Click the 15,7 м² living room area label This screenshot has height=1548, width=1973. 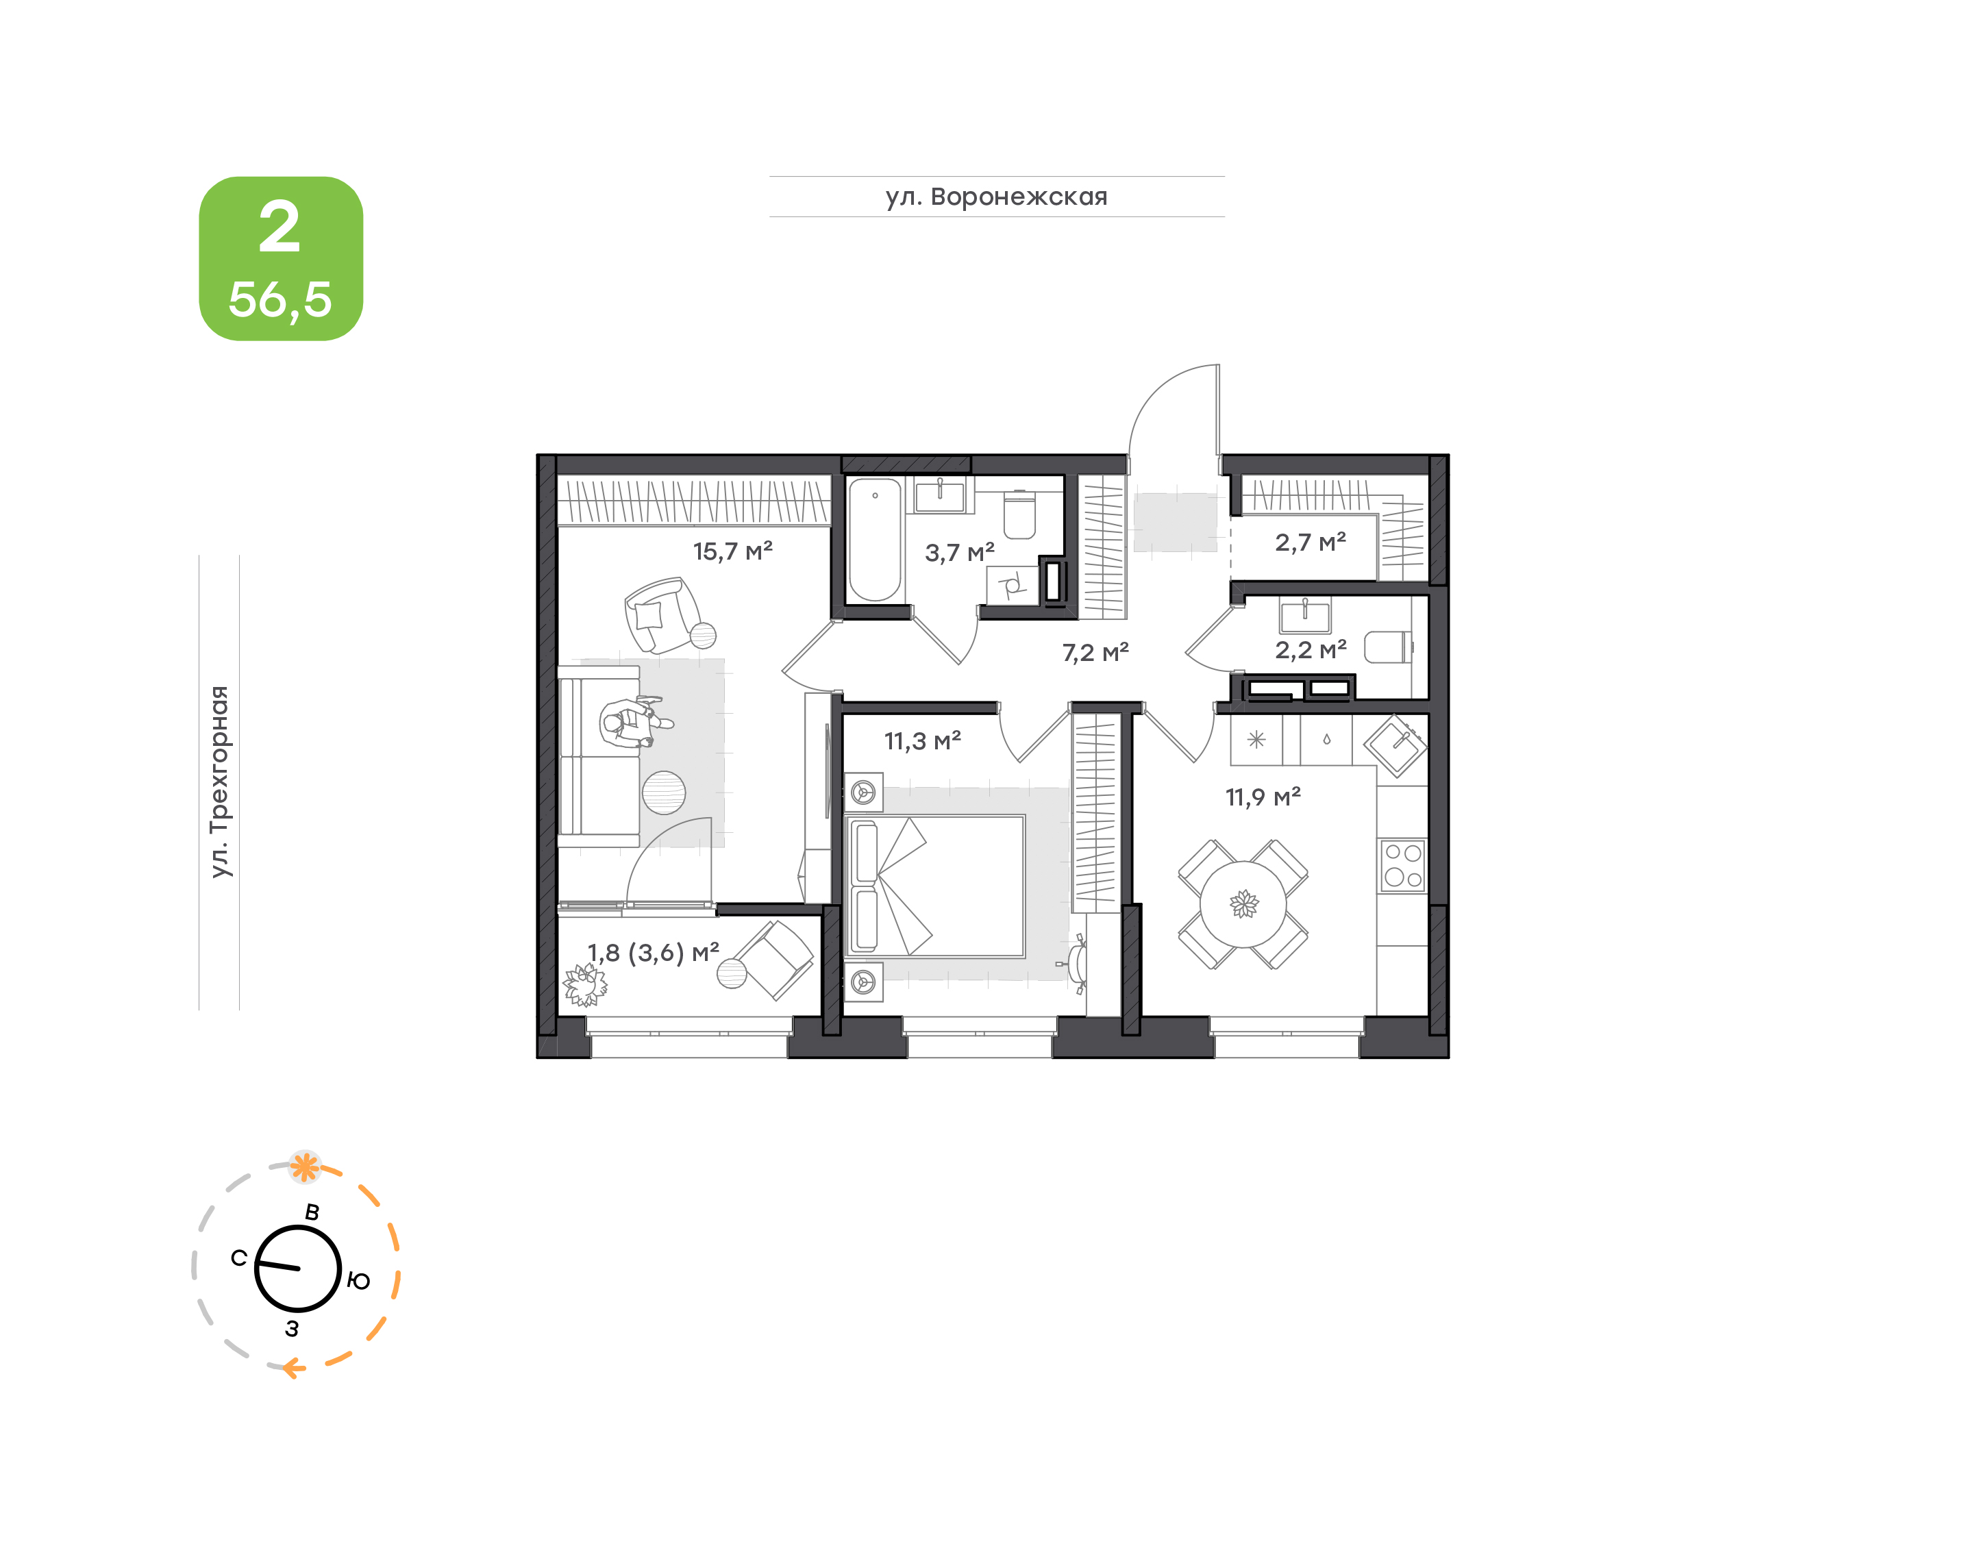732,551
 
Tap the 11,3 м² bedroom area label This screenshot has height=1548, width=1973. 923,741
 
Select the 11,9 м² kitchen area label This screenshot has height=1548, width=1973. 1263,797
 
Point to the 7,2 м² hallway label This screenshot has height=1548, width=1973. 1095,653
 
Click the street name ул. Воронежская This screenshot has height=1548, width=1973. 997,197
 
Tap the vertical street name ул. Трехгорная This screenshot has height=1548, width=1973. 220,782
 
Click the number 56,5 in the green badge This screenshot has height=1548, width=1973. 280,299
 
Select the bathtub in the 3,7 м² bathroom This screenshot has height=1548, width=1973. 875,540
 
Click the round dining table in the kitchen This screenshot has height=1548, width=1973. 1243,903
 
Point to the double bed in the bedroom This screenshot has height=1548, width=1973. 934,886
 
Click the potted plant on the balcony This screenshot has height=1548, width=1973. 584,984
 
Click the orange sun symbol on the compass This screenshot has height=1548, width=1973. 305,1166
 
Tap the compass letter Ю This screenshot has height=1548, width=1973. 359,1281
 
